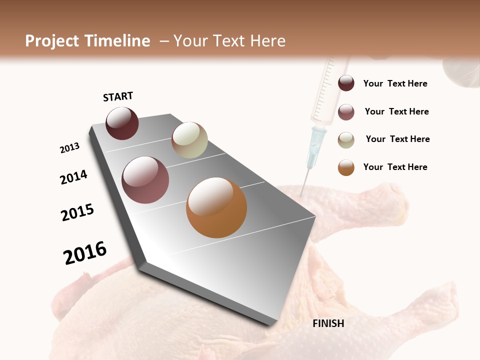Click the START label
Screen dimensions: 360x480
tap(118, 96)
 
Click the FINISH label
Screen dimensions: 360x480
tap(328, 323)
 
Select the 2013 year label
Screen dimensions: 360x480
tap(70, 148)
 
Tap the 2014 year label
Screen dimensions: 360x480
tap(74, 177)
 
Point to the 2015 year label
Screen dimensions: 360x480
tap(77, 212)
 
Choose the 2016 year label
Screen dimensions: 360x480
tap(85, 253)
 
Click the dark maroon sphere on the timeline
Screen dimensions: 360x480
tap(122, 123)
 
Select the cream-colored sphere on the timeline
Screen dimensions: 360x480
tap(189, 140)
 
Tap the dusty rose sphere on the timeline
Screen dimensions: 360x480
tap(145, 180)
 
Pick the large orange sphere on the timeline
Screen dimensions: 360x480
tap(216, 207)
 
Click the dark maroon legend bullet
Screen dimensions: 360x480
tap(346, 83)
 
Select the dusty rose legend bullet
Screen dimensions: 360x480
tap(346, 112)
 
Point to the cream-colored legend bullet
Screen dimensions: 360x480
tap(346, 140)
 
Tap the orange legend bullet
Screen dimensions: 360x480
tap(346, 167)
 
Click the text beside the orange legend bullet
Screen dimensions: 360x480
tap(395, 167)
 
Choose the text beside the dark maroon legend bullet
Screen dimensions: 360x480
tap(395, 83)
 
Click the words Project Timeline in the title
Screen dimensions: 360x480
tap(87, 41)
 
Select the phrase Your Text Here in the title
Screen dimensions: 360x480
tap(229, 41)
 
